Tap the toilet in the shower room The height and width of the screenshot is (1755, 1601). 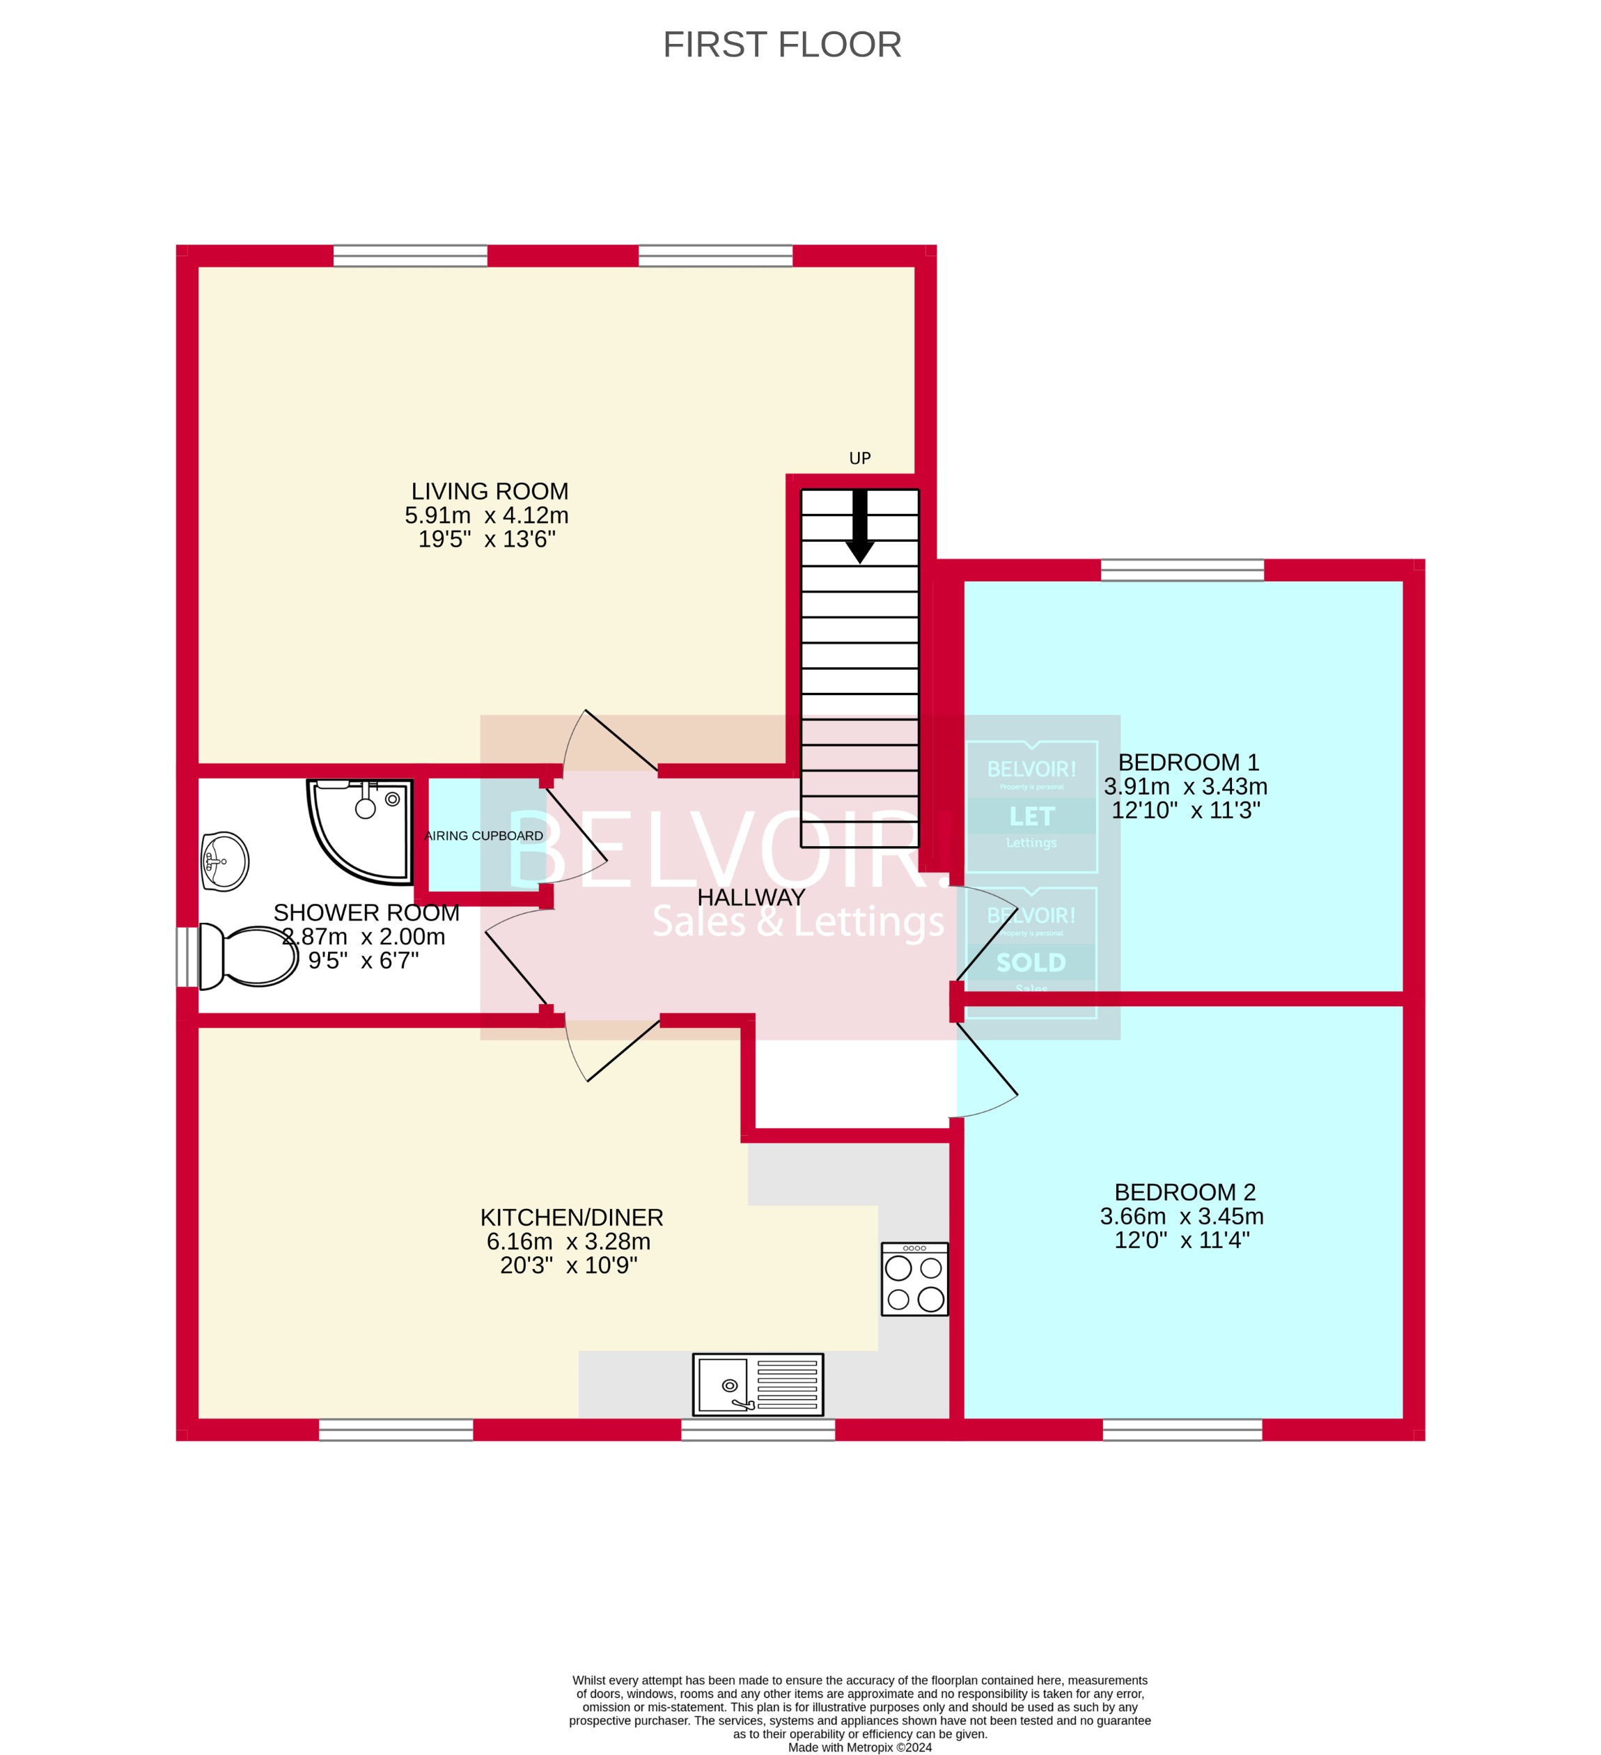click(249, 955)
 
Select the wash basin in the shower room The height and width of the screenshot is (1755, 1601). click(225, 862)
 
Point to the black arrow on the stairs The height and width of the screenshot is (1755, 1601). click(859, 526)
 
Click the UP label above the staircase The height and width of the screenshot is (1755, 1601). click(859, 458)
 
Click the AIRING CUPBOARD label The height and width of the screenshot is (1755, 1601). click(483, 836)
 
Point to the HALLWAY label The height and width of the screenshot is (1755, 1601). click(751, 897)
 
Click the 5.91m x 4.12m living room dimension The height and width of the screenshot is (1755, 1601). click(486, 515)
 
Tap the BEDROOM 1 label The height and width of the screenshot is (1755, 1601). click(1188, 763)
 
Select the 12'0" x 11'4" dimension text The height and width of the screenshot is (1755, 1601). click(1181, 1240)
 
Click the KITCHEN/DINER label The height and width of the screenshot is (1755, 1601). click(571, 1217)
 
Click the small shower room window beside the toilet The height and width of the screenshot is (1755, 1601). click(187, 957)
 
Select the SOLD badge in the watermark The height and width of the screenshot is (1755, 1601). click(1031, 962)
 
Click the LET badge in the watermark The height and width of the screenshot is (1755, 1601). click(1031, 816)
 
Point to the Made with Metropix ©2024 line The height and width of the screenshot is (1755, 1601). click(859, 1747)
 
